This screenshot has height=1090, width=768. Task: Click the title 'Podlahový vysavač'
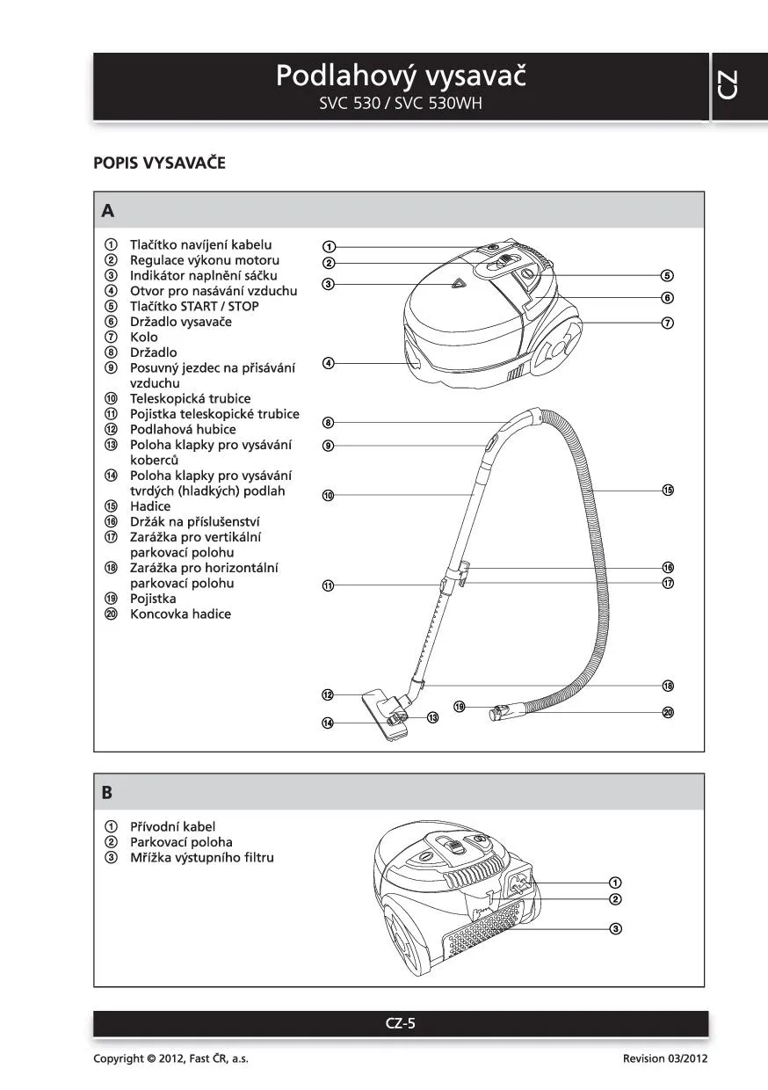pyautogui.click(x=401, y=76)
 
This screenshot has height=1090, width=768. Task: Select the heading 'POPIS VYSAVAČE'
pyautogui.click(x=159, y=163)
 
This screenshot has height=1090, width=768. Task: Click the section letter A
pyautogui.click(x=107, y=211)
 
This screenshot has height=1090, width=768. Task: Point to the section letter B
pyautogui.click(x=107, y=792)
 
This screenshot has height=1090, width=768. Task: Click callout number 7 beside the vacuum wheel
pyautogui.click(x=668, y=323)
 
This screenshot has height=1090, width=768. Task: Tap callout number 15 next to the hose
pyautogui.click(x=668, y=490)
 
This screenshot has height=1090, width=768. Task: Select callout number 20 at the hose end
pyautogui.click(x=668, y=712)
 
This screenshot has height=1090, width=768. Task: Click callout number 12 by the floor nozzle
pyautogui.click(x=328, y=694)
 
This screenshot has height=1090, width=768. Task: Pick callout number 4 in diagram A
pyautogui.click(x=328, y=363)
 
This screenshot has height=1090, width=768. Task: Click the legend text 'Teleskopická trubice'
pyautogui.click(x=190, y=398)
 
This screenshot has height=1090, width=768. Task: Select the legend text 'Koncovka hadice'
pyautogui.click(x=180, y=614)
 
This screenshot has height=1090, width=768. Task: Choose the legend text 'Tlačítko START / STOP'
pyautogui.click(x=194, y=306)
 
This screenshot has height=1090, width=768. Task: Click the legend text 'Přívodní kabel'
pyautogui.click(x=172, y=826)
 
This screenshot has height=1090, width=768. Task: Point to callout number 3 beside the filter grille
pyautogui.click(x=616, y=929)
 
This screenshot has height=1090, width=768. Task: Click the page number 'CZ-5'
pyautogui.click(x=401, y=1023)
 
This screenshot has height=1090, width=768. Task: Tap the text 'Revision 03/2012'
pyautogui.click(x=664, y=1058)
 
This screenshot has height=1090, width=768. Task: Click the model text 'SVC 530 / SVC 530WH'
pyautogui.click(x=401, y=103)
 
